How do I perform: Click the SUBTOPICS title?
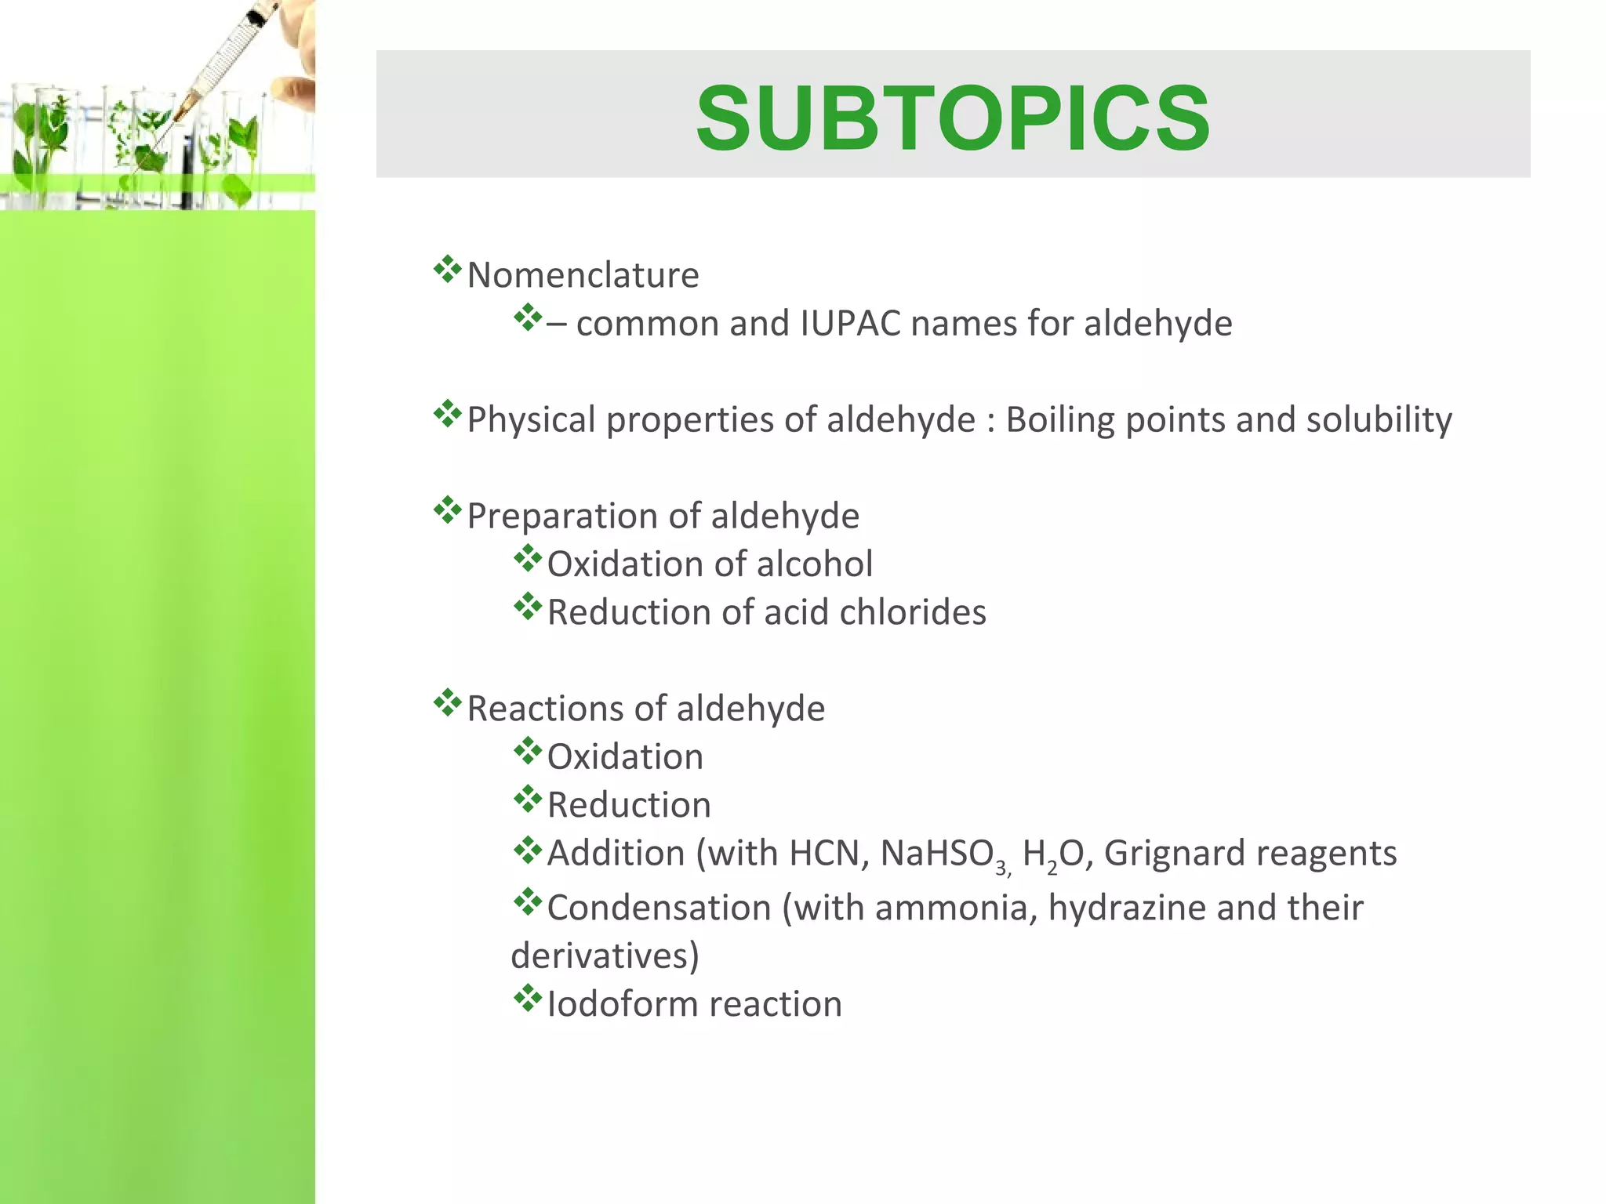coord(953,118)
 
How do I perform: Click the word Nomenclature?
coord(583,275)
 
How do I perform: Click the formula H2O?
coord(1053,854)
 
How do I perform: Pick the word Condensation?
coord(659,908)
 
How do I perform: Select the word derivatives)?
coord(605,956)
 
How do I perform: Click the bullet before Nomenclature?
coord(447,270)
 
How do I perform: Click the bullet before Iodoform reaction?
coord(528,999)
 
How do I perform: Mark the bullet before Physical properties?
coord(447,414)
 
